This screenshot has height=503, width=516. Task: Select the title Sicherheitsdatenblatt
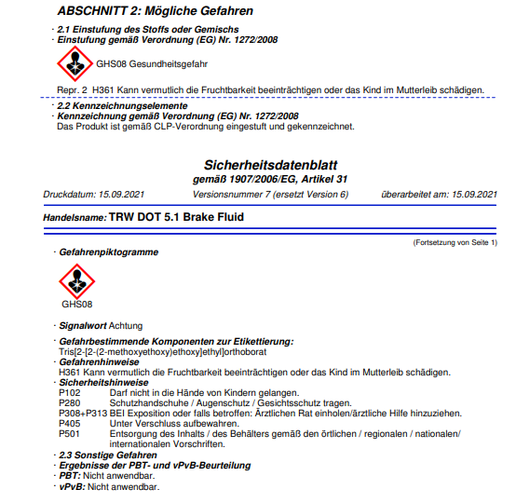268,164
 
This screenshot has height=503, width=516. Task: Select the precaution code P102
70,393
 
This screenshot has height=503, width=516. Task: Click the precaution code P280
70,402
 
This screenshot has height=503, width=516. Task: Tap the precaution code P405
70,423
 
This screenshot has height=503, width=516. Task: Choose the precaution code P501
70,433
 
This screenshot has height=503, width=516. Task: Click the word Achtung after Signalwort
127,326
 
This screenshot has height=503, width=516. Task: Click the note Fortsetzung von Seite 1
455,242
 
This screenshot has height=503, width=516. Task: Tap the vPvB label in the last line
71,486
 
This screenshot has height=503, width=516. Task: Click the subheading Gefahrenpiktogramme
108,252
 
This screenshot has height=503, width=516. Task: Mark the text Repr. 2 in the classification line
72,91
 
